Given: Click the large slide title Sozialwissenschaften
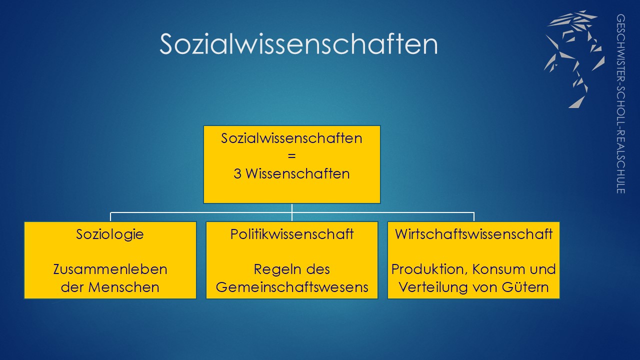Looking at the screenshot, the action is (298, 44).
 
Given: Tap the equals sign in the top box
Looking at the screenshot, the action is (291, 156).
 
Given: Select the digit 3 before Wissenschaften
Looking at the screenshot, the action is (237, 173).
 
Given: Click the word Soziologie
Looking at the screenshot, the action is (110, 234).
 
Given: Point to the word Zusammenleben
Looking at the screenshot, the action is (110, 269).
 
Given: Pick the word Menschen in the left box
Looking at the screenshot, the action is (123, 287).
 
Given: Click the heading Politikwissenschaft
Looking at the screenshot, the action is (292, 234).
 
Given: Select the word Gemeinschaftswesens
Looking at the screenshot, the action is (292, 287).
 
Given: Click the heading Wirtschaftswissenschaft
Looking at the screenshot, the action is (473, 234).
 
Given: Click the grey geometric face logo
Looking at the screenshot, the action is (574, 59).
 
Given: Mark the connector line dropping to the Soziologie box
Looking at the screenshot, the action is (110, 217).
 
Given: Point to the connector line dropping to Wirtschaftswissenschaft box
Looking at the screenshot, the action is (474, 217).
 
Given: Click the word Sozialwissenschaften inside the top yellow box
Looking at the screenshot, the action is (291, 138).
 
